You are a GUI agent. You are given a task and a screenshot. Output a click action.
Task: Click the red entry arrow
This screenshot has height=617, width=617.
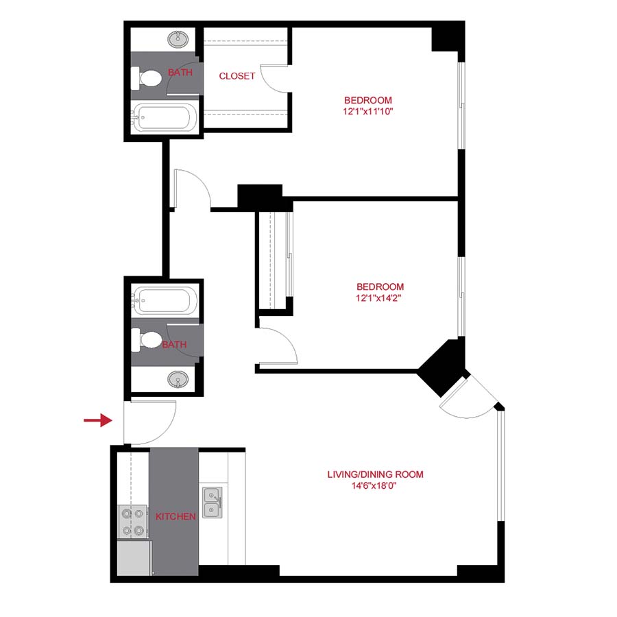(x=97, y=420)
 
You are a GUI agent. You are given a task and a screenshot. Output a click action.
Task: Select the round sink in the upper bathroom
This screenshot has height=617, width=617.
(x=180, y=37)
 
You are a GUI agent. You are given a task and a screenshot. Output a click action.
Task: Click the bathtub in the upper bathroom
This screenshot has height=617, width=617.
(x=164, y=117)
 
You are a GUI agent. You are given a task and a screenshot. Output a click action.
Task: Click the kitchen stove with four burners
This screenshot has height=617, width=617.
(x=132, y=521)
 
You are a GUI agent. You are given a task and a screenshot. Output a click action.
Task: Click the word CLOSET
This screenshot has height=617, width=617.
(x=237, y=76)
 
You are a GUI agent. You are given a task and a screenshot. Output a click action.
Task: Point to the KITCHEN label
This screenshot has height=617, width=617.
(x=176, y=516)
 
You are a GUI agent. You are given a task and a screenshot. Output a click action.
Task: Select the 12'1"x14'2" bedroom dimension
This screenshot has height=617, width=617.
(x=379, y=298)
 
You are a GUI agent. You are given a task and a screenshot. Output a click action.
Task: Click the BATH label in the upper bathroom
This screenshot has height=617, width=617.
(x=180, y=72)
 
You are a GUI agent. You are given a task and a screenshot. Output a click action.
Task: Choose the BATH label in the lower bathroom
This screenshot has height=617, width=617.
(x=174, y=345)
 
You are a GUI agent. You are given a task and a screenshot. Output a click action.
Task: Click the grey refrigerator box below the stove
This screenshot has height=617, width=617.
(x=133, y=557)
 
